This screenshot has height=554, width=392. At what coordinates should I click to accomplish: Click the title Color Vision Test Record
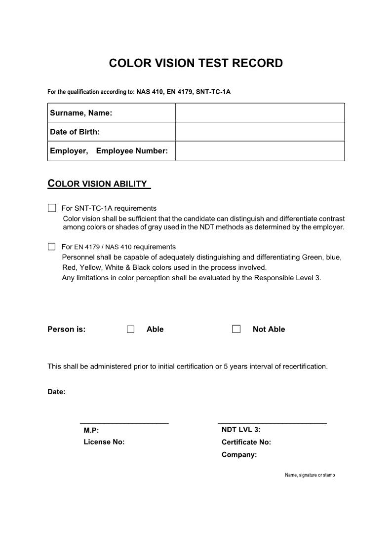(x=196, y=64)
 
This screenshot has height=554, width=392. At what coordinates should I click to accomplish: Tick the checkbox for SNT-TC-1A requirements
(x=52, y=208)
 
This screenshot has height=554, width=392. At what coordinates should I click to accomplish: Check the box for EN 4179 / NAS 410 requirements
(x=52, y=247)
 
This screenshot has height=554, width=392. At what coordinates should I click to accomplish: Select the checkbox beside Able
(x=130, y=330)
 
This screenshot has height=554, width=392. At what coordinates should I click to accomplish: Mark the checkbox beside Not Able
(x=236, y=330)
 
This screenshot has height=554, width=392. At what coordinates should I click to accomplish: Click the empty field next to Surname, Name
(x=260, y=113)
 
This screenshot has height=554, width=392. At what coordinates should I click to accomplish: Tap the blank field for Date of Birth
(x=260, y=132)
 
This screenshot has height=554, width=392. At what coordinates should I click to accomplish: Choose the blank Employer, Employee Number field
(x=260, y=150)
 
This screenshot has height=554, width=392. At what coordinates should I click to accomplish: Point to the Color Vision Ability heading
(x=98, y=184)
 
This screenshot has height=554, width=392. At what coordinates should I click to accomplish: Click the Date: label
(x=56, y=392)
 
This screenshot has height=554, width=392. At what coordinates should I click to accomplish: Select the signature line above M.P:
(x=124, y=423)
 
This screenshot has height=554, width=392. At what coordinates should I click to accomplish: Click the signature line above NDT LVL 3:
(x=272, y=423)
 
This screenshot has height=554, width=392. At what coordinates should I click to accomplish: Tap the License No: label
(x=104, y=442)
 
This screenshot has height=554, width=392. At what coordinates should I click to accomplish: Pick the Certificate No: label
(x=246, y=442)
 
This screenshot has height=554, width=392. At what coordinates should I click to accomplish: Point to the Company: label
(x=239, y=455)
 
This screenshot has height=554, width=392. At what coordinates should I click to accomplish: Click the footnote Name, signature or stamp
(x=310, y=475)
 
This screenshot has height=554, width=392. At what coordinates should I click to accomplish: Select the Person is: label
(x=67, y=330)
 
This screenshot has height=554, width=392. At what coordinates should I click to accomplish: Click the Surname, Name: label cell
(x=81, y=113)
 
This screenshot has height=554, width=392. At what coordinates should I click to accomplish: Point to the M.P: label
(x=91, y=430)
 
